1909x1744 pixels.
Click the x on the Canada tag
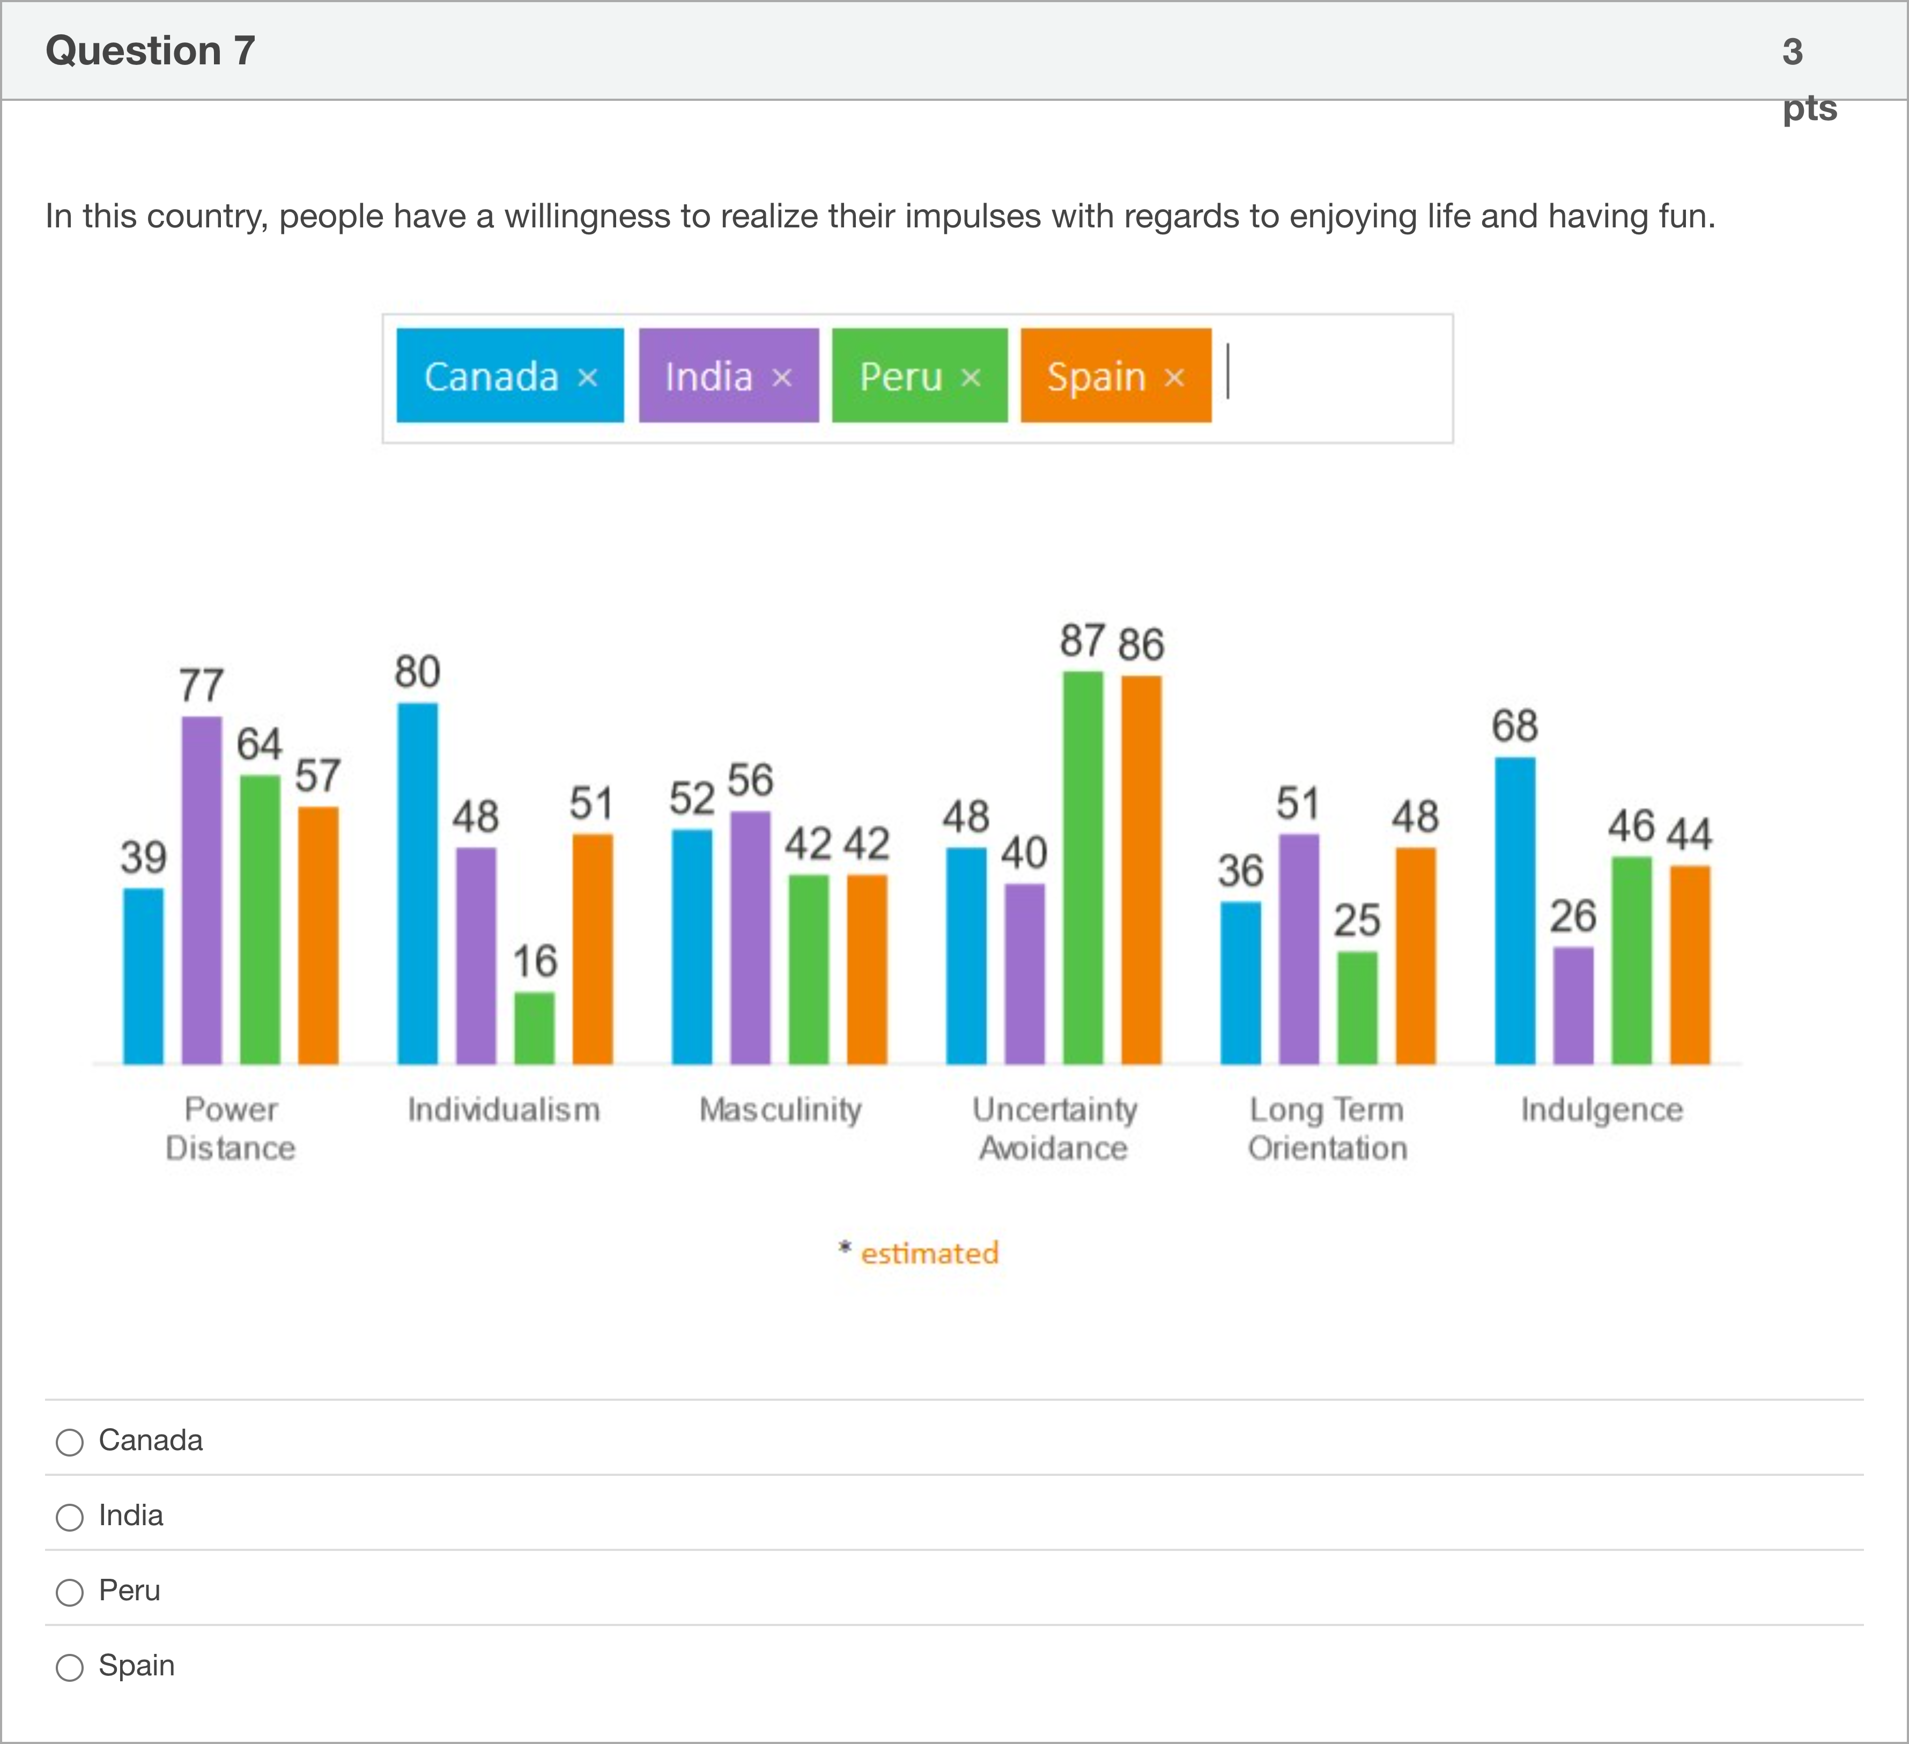[588, 378]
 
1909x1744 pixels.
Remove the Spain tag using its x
[1174, 378]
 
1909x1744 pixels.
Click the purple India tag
[709, 376]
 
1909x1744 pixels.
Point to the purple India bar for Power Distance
[202, 890]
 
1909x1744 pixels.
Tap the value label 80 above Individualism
[418, 672]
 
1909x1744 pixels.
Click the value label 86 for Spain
[1141, 645]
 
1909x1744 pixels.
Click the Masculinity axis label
[780, 1109]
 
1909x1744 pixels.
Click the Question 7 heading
[151, 51]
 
